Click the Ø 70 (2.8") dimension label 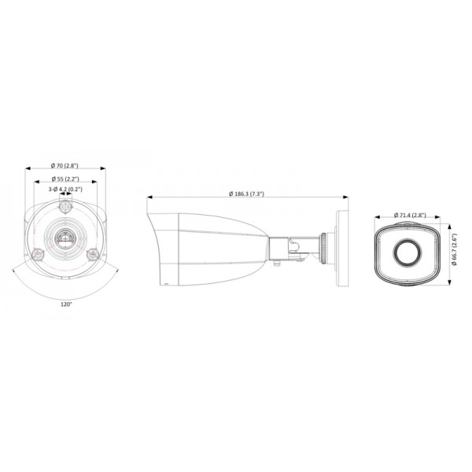[x=65, y=165]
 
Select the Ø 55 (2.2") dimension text [x=65, y=178]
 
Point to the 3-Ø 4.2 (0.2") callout [x=65, y=190]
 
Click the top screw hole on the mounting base [x=65, y=208]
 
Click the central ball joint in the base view [x=65, y=236]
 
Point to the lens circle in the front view [x=408, y=251]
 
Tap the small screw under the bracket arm [x=278, y=265]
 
